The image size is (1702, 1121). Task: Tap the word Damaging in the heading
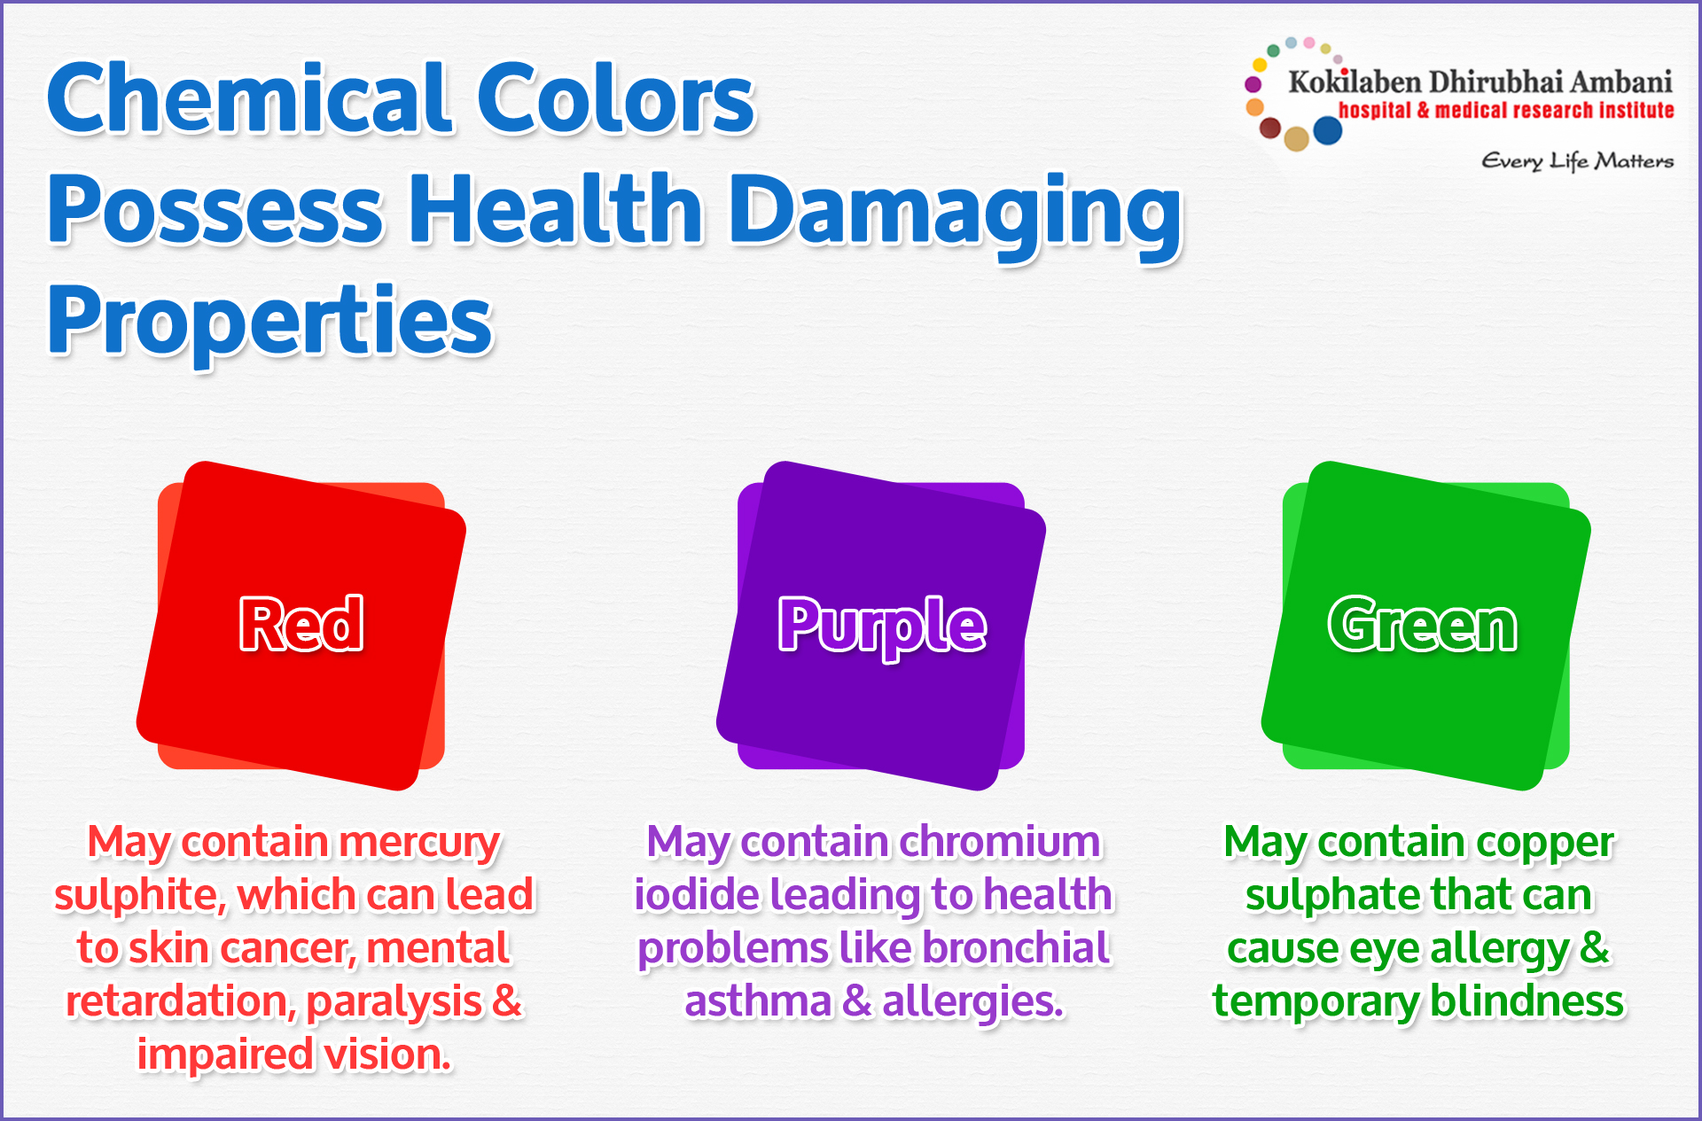tap(955, 213)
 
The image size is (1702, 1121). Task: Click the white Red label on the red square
tap(301, 624)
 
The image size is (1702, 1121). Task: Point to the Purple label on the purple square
tap(882, 627)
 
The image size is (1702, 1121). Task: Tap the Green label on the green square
tap(1423, 625)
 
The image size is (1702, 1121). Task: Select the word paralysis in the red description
tap(394, 1003)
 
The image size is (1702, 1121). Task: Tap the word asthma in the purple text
tap(758, 1001)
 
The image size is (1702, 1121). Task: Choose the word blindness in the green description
tap(1527, 1001)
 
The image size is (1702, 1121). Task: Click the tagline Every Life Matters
tap(1577, 161)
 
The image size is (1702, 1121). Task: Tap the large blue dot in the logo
tap(1327, 130)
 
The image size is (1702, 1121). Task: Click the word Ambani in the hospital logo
tap(1621, 82)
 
